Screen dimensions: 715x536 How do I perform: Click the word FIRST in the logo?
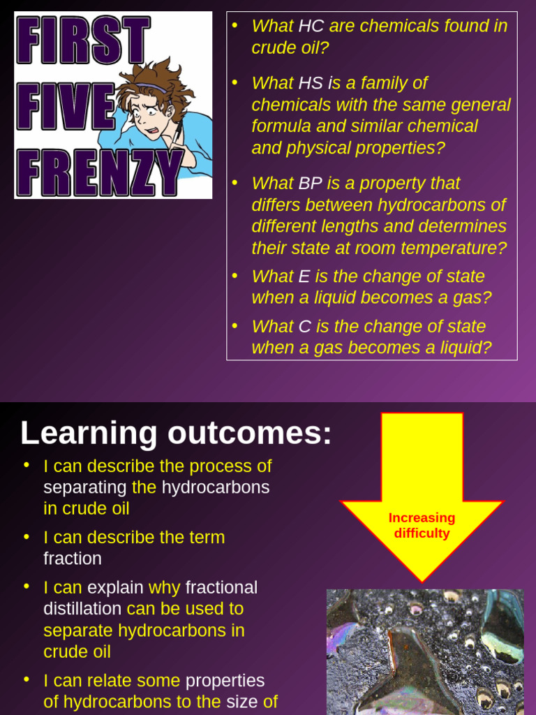(x=82, y=40)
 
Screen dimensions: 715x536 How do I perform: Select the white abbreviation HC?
(x=311, y=27)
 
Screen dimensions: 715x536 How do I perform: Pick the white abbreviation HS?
(x=311, y=83)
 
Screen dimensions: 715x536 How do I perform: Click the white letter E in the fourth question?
(x=304, y=277)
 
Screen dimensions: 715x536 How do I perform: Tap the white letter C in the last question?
(x=304, y=327)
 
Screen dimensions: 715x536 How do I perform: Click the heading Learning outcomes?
(x=176, y=433)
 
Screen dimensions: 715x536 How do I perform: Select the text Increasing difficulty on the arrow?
(x=422, y=526)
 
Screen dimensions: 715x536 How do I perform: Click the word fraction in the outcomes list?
(x=73, y=559)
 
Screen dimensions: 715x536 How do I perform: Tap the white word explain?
(x=115, y=588)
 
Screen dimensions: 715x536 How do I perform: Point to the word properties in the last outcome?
(x=225, y=681)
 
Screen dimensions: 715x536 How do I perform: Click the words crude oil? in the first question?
(x=290, y=48)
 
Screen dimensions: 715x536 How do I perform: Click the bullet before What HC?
(x=235, y=26)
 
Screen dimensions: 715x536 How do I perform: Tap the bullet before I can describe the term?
(x=27, y=537)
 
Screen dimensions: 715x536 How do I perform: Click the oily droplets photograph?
(x=425, y=651)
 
